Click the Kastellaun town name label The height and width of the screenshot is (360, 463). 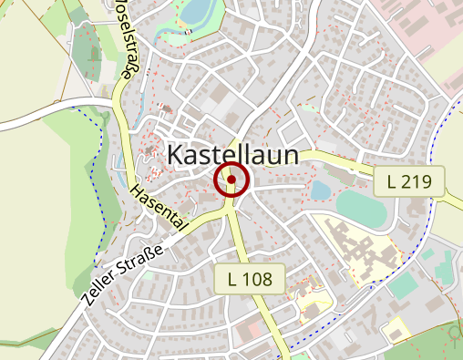click(x=233, y=156)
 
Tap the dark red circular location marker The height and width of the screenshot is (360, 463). click(x=231, y=180)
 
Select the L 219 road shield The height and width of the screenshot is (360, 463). click(x=408, y=181)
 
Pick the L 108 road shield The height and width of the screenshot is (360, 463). click(x=251, y=279)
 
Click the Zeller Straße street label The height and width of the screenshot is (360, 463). click(x=127, y=274)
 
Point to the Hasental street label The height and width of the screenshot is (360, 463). click(x=159, y=207)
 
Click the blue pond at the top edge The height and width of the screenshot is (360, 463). click(x=197, y=11)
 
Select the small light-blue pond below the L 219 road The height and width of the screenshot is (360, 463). click(x=321, y=190)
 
